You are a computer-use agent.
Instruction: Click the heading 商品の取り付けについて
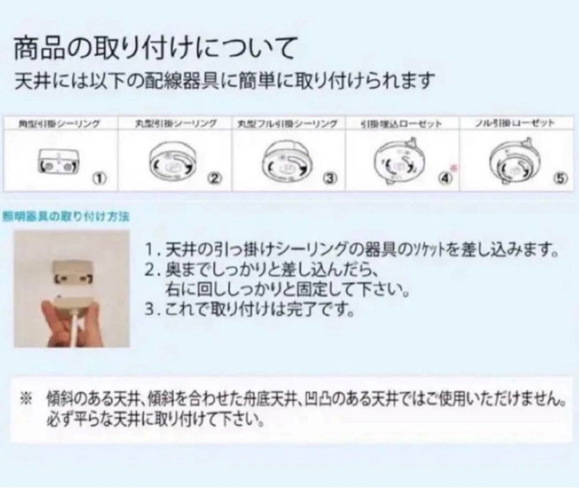pyautogui.click(x=155, y=49)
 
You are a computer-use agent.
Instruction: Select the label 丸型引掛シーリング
pyautogui.click(x=175, y=124)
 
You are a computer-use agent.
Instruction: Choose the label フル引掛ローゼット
pyautogui.click(x=514, y=124)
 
